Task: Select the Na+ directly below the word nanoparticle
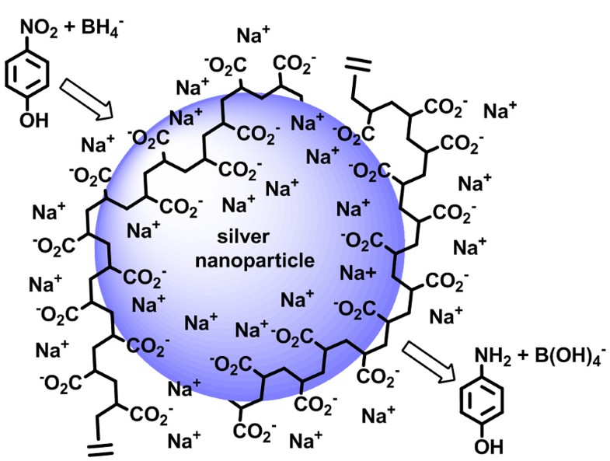[x=298, y=299]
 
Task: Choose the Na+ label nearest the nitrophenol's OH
[x=99, y=145]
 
